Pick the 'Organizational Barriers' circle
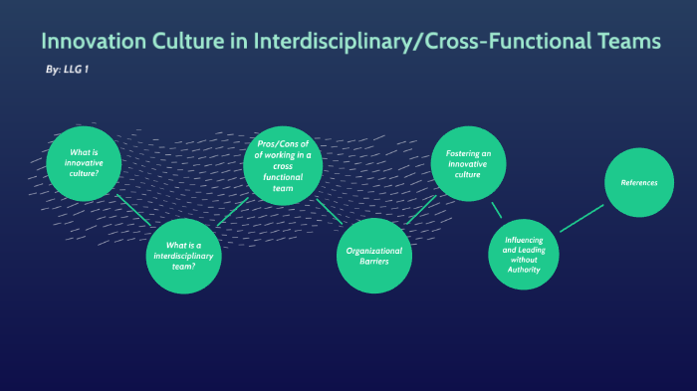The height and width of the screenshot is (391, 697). (374, 256)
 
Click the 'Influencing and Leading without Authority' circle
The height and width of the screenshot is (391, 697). (523, 253)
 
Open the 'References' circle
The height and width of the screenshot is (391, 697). (639, 182)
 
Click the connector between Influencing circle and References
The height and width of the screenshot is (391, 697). (581, 218)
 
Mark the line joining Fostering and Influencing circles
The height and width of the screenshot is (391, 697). (496, 209)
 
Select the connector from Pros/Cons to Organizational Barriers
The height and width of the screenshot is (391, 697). (329, 209)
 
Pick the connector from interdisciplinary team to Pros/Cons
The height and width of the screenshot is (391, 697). (232, 211)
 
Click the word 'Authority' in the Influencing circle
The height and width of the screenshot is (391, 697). (523, 269)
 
